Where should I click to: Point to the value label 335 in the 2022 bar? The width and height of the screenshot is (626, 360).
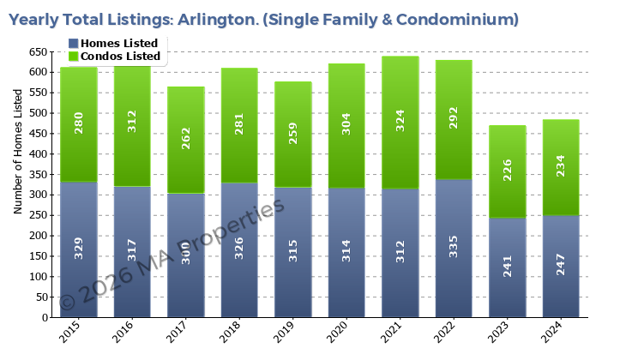[x=454, y=247]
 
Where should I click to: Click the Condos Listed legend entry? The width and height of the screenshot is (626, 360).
[x=119, y=57]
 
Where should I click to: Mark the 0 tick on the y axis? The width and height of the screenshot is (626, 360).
[x=45, y=318]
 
